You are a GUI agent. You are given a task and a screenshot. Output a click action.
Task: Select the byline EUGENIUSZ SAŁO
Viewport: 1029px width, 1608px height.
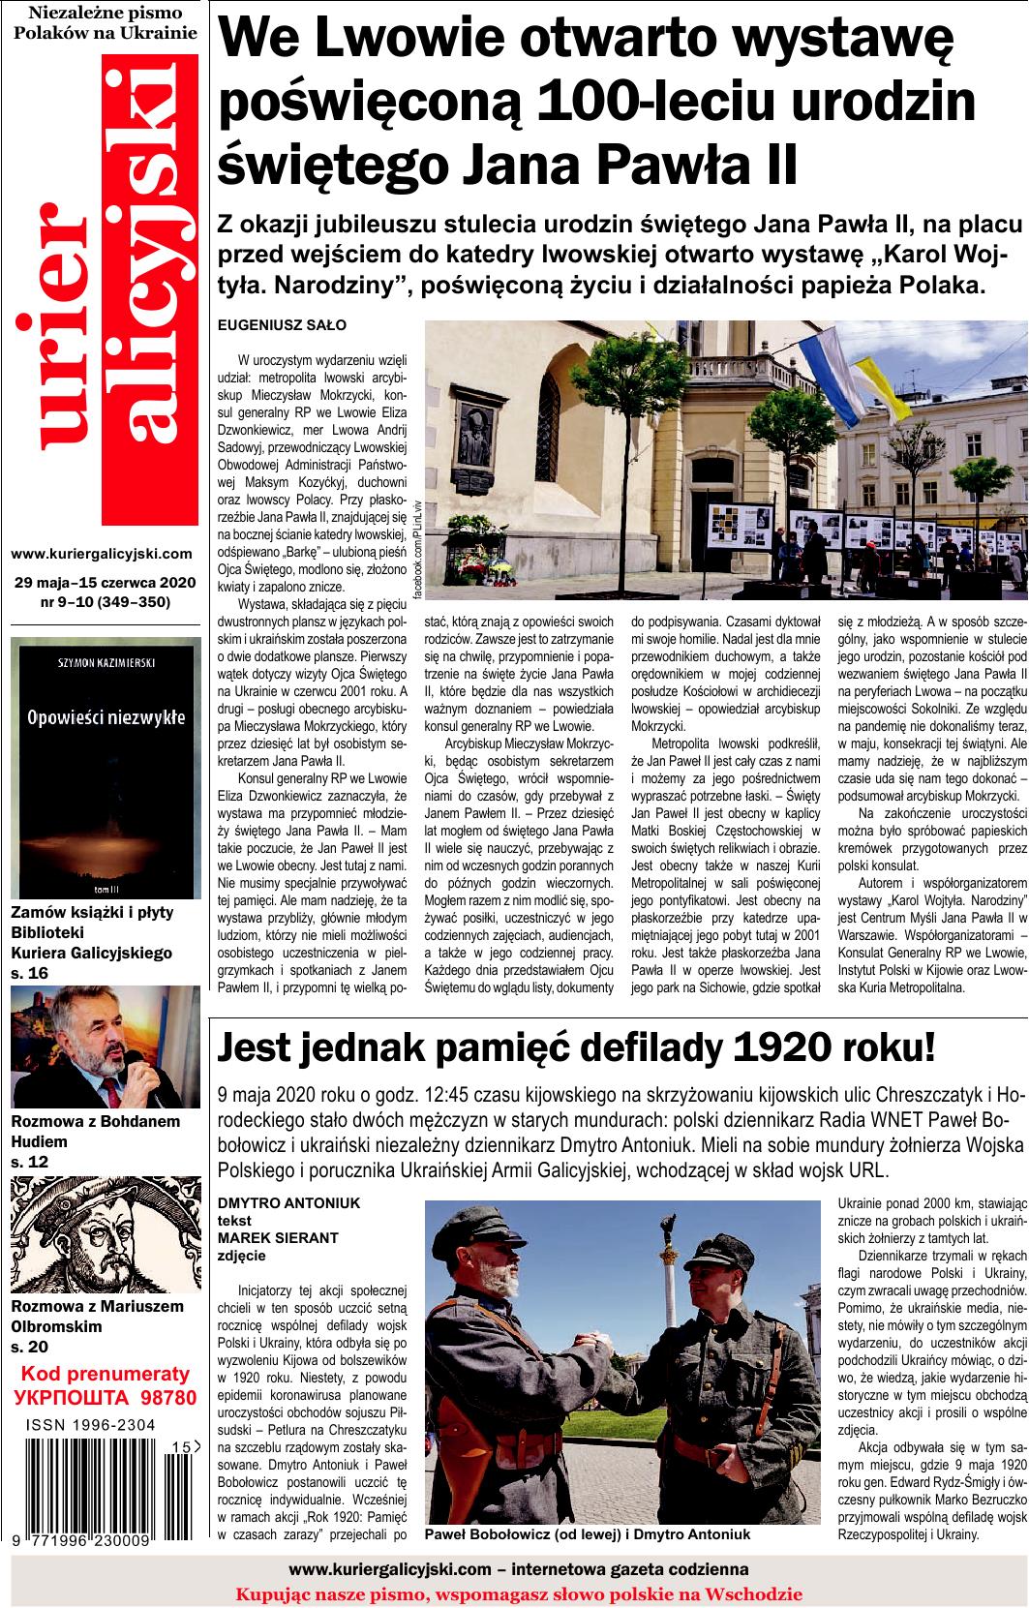coord(282,324)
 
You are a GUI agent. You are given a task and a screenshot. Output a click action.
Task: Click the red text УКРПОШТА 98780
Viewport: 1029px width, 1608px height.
coord(106,1397)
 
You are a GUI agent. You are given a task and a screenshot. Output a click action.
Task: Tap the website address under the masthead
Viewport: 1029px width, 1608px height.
coord(102,554)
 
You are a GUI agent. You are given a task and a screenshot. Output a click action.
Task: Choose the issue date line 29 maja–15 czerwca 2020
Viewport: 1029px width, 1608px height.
coord(106,582)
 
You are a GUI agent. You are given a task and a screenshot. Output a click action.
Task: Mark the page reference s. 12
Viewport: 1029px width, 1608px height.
coord(29,1160)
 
